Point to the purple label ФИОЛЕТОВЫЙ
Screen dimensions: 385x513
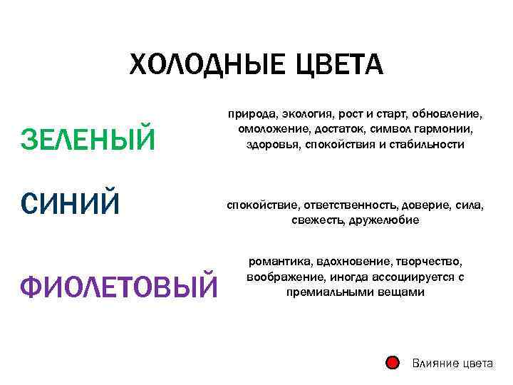[x=119, y=287]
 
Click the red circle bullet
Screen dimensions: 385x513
[x=392, y=363]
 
